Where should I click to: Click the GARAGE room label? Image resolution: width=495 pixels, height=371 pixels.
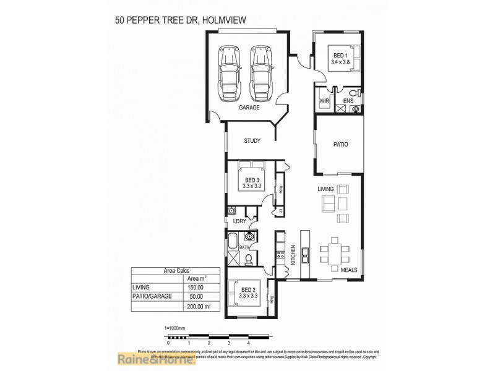(x=249, y=107)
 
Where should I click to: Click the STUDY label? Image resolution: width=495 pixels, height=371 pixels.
(x=252, y=141)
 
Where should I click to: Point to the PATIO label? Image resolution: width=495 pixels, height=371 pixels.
(x=340, y=145)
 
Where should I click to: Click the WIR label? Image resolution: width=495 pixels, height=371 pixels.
(x=324, y=101)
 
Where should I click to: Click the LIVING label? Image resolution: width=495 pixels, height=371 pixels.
(x=325, y=189)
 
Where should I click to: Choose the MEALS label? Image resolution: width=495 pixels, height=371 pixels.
(x=349, y=270)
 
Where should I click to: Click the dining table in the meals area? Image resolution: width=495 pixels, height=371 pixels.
(x=335, y=250)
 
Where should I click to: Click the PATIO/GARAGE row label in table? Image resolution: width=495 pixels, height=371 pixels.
(x=150, y=296)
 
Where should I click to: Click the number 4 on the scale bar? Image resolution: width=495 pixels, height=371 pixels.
(x=248, y=343)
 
